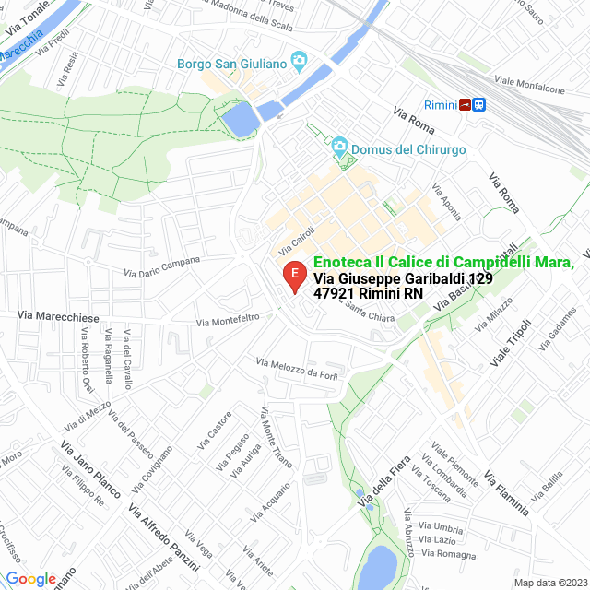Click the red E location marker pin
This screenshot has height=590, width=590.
293,276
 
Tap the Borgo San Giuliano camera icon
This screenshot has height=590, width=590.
298,63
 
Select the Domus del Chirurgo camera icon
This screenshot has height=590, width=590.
339,148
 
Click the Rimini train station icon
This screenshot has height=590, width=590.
473,104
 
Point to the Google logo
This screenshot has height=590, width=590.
30,578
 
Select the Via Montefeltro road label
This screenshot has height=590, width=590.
228,320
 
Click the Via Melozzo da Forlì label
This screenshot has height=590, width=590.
299,369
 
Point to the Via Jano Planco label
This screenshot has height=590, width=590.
89,469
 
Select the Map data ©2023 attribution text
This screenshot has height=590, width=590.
550,582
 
